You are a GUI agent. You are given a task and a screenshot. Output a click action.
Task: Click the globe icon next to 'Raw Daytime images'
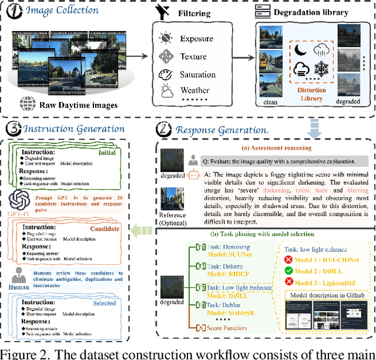coord(26,106)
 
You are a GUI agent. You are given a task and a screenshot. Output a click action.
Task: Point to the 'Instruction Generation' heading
coord(73,128)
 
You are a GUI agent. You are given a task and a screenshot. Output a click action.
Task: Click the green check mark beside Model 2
coord(289,271)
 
